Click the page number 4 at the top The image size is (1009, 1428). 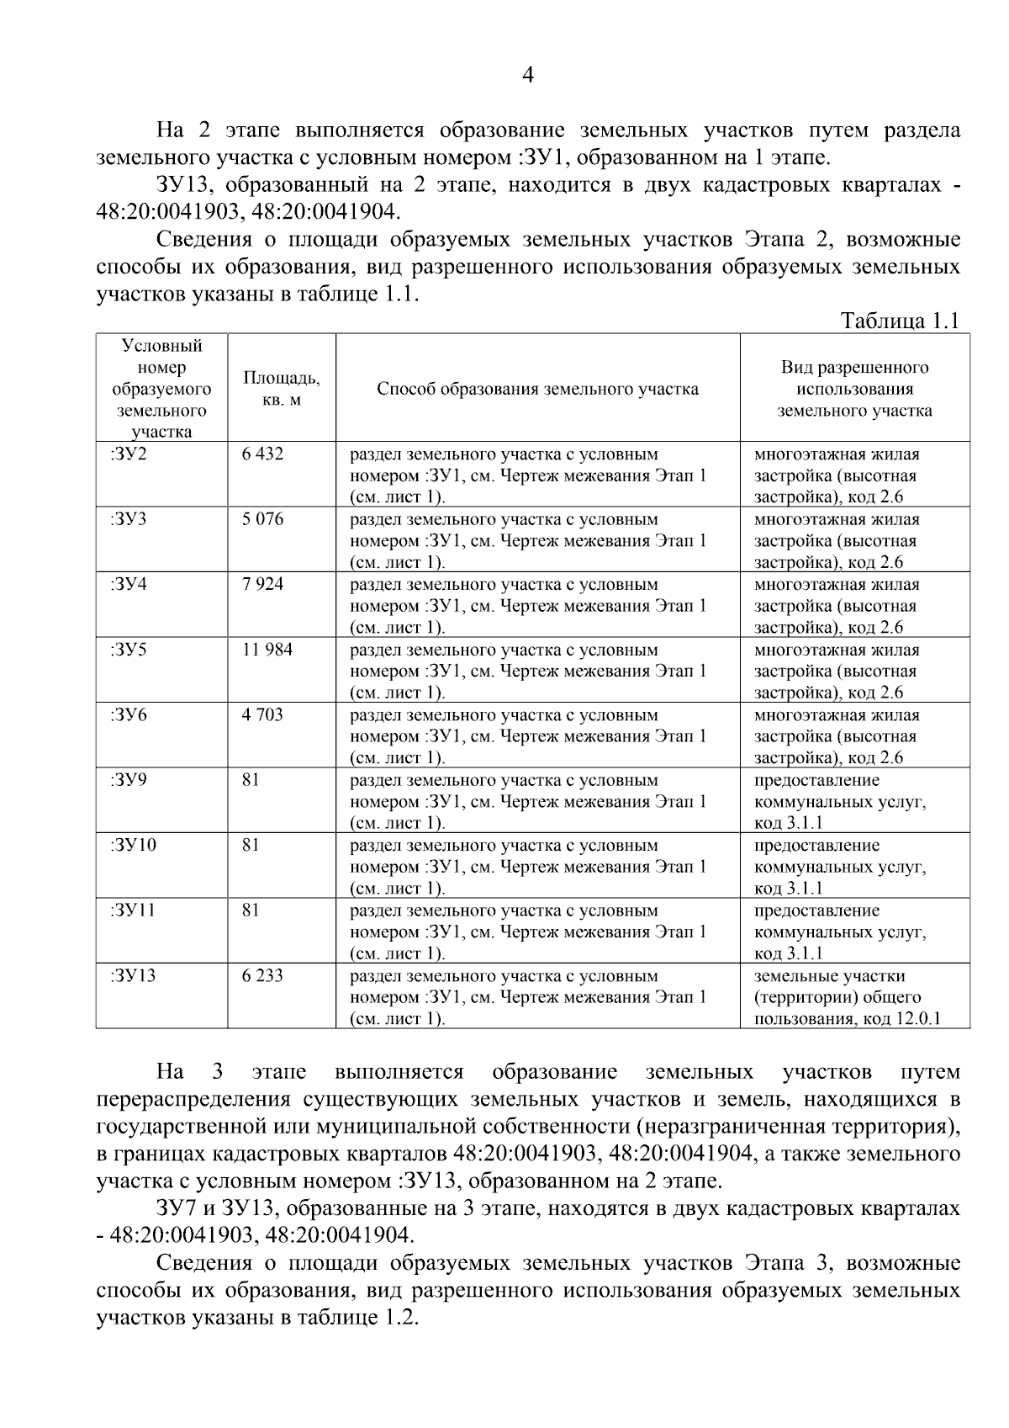coord(528,76)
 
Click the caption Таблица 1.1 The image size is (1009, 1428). coord(900,321)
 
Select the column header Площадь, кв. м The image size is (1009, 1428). coord(281,389)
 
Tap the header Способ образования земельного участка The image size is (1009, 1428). coord(537,389)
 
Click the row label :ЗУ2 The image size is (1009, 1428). coord(128,454)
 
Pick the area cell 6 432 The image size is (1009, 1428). coord(262,454)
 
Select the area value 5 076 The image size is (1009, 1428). coord(262,519)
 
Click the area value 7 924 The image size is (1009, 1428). coord(262,584)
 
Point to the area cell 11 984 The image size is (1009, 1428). coord(267,650)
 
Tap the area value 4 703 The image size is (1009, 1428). coord(262,714)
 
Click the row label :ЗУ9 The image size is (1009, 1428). coord(128,780)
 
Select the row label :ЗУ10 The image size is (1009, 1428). coord(133,845)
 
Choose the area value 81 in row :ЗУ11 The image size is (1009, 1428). coord(251,910)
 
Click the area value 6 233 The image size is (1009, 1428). coord(262,975)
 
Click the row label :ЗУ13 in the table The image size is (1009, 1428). coord(133,975)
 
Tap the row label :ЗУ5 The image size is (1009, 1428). coord(128,650)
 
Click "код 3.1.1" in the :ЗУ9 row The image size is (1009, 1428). coord(789,823)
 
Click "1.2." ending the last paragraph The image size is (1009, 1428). coord(400,1318)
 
